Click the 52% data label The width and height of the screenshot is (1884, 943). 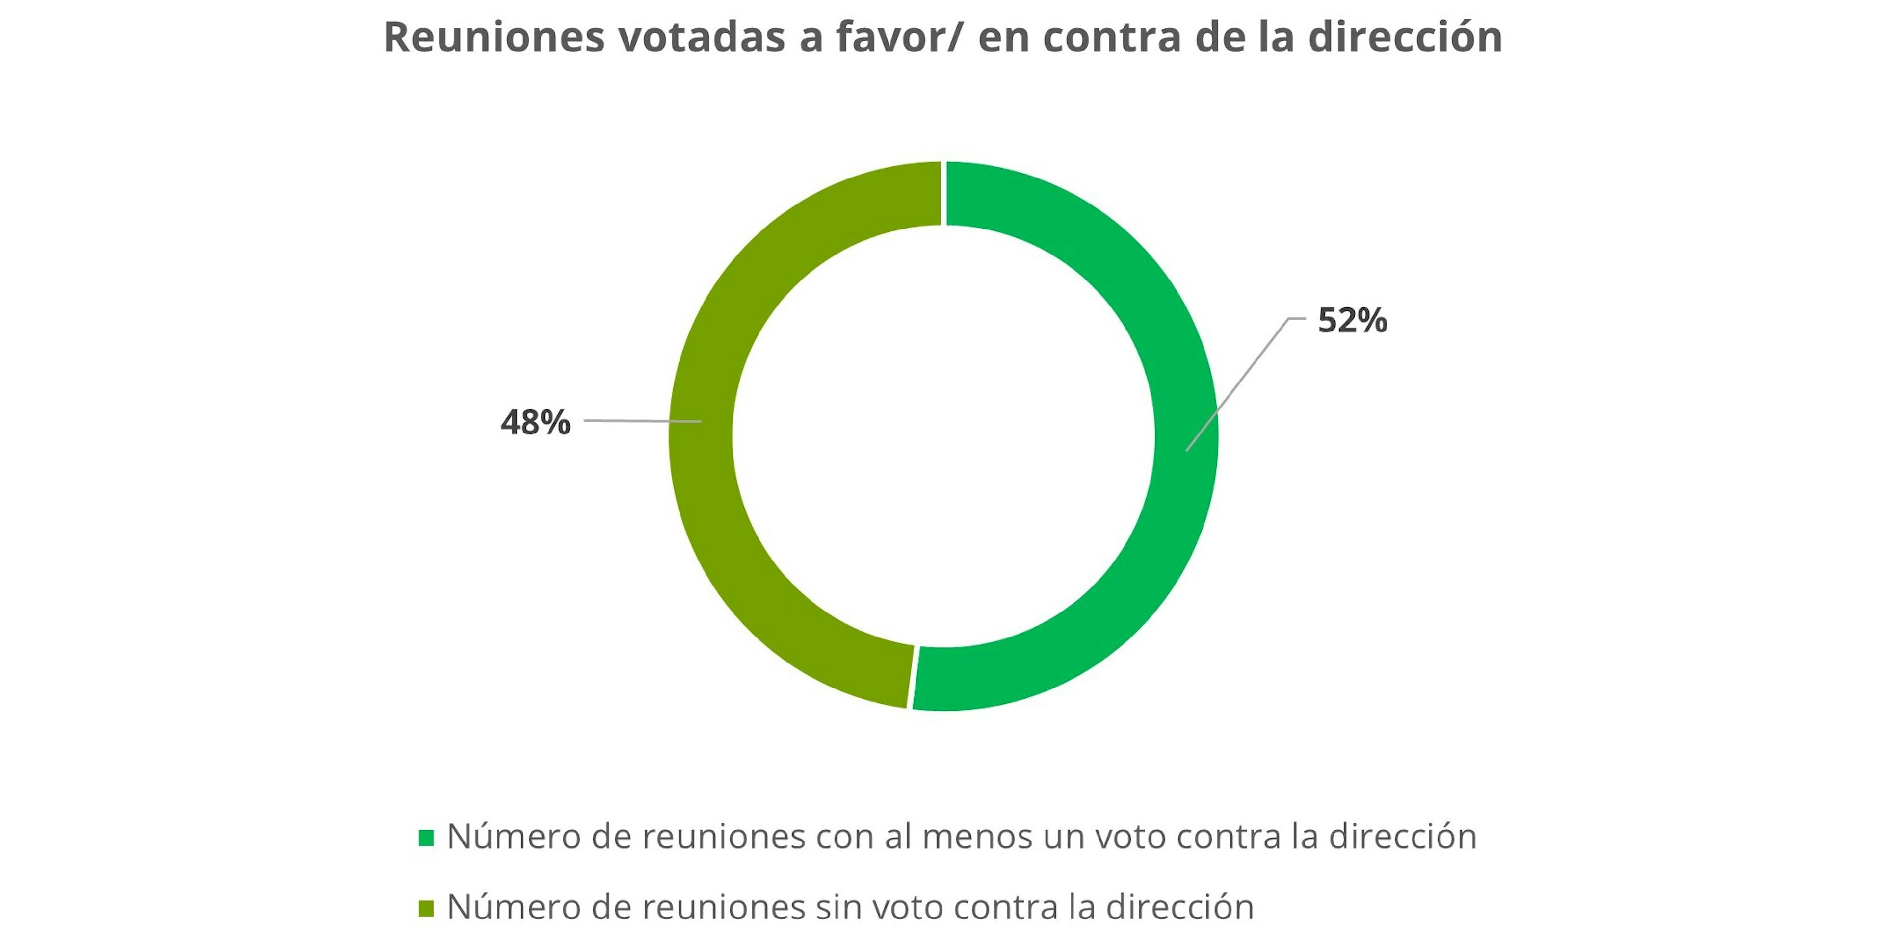(x=1352, y=321)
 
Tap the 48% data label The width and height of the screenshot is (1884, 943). (x=535, y=423)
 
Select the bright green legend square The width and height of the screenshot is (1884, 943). (x=426, y=838)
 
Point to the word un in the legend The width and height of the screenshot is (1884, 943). (x=1065, y=837)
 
